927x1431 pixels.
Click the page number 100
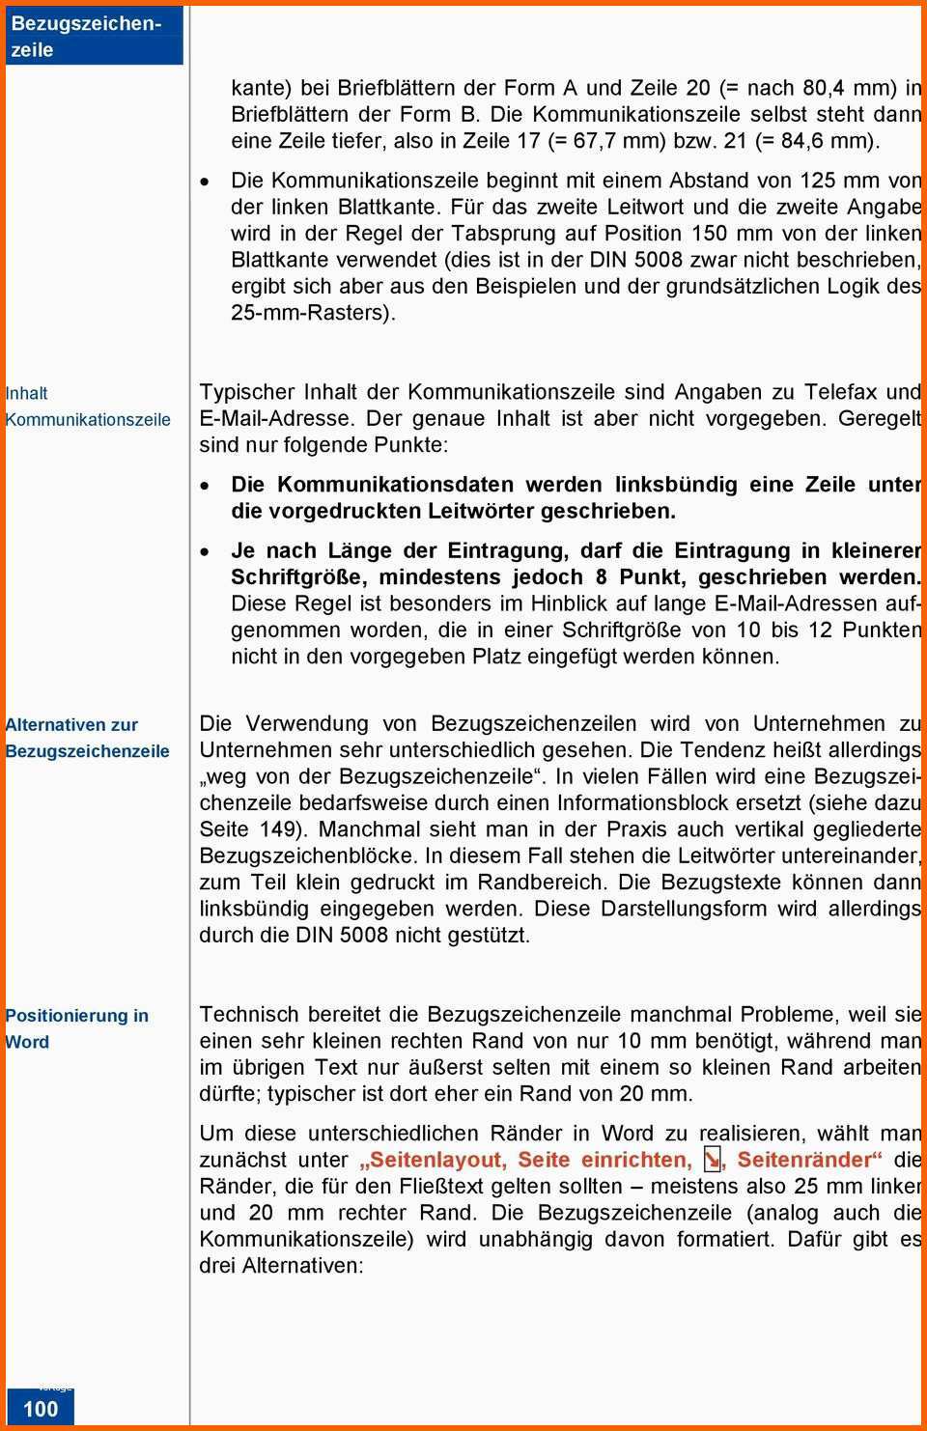[x=41, y=1408]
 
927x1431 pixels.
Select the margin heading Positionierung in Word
[x=76, y=1028]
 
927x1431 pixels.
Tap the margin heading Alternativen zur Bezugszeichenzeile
[x=87, y=738]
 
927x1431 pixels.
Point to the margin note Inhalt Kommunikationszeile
[x=87, y=407]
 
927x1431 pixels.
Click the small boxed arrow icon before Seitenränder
[x=712, y=1159]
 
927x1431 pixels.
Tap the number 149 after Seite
[x=280, y=829]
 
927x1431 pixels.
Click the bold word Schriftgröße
[x=298, y=577]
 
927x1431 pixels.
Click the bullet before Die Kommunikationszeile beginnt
[x=204, y=182]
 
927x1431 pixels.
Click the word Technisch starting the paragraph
[x=249, y=1015]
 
